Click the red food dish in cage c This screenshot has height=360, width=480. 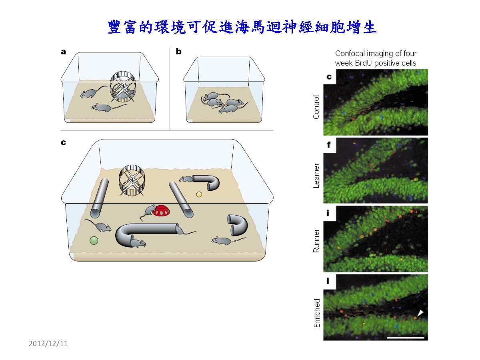[x=161, y=210]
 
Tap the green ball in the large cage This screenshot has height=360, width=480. [x=94, y=240]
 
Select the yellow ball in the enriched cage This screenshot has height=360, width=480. [x=199, y=194]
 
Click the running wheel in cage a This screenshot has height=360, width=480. [x=123, y=86]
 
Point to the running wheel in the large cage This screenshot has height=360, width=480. [x=132, y=180]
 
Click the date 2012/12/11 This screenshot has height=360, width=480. [x=48, y=343]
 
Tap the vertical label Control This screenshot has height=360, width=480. [x=316, y=107]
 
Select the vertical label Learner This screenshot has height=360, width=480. [x=316, y=176]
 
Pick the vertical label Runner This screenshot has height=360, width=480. [x=316, y=241]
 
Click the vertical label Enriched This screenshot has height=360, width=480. [x=317, y=313]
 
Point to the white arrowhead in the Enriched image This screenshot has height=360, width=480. [x=420, y=313]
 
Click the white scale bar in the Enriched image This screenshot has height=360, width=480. [x=406, y=338]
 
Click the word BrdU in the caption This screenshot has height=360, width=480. [x=363, y=63]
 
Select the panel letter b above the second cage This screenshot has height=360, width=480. [x=179, y=51]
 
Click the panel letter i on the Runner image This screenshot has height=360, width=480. [x=328, y=213]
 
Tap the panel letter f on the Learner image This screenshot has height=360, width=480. [x=328, y=145]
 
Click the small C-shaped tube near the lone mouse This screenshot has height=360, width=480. [x=238, y=225]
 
